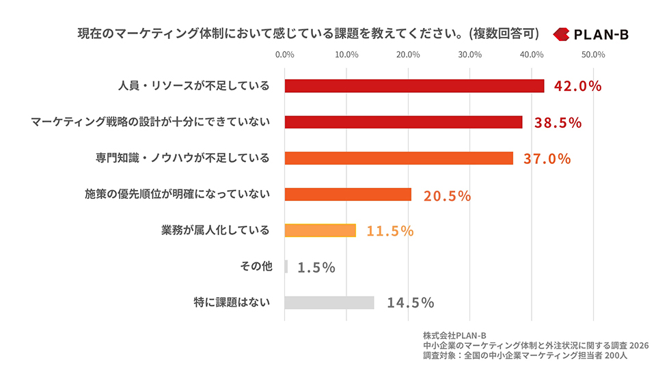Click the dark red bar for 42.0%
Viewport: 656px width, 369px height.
[414, 86]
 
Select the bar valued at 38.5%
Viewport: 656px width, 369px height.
[403, 122]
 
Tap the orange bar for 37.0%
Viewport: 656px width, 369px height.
[398, 158]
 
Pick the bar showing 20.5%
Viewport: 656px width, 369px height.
[348, 194]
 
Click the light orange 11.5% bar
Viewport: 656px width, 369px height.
[320, 230]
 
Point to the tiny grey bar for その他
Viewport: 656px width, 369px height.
[286, 266]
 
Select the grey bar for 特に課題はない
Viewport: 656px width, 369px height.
[329, 303]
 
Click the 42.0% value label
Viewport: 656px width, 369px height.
[578, 86]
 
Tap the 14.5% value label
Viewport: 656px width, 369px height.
[411, 303]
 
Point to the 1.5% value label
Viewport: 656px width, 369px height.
[316, 267]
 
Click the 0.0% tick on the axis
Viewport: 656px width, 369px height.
[284, 55]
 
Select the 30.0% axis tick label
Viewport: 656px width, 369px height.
[470, 55]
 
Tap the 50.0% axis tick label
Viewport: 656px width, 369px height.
[593, 55]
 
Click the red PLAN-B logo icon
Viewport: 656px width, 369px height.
[561, 34]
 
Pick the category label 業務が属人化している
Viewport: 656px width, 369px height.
[215, 230]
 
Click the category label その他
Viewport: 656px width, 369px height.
[256, 266]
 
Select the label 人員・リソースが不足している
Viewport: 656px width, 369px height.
[194, 86]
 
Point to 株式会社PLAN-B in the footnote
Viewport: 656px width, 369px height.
[454, 336]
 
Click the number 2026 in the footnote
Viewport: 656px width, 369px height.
[639, 346]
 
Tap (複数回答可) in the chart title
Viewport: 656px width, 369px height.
[504, 33]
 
